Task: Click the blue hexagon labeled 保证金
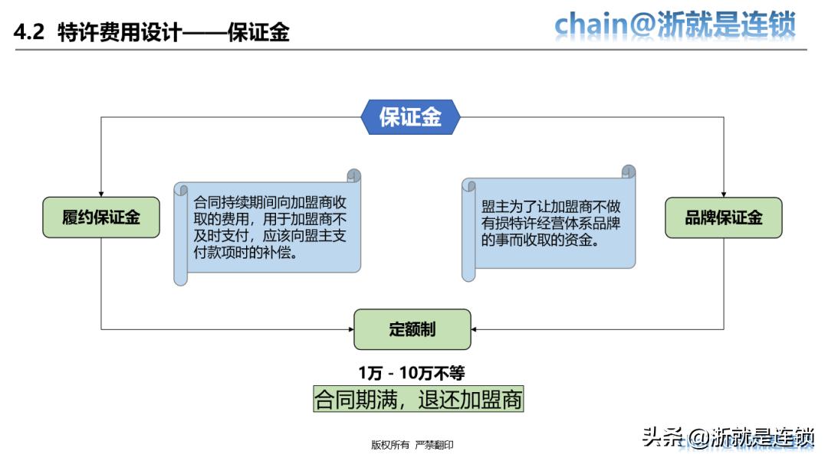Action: pos(410,117)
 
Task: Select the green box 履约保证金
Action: pos(101,217)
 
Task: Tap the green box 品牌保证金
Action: pos(724,217)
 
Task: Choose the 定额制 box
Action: pos(412,329)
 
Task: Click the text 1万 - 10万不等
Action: pos(412,373)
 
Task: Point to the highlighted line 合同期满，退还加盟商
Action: pos(418,400)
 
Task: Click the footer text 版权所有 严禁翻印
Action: pos(412,445)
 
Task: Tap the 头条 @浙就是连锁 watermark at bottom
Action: pos(728,437)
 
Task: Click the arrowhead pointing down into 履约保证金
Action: pos(101,193)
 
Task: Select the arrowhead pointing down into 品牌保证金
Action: pos(724,193)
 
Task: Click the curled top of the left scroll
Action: pos(353,175)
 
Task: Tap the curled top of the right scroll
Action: pos(629,172)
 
